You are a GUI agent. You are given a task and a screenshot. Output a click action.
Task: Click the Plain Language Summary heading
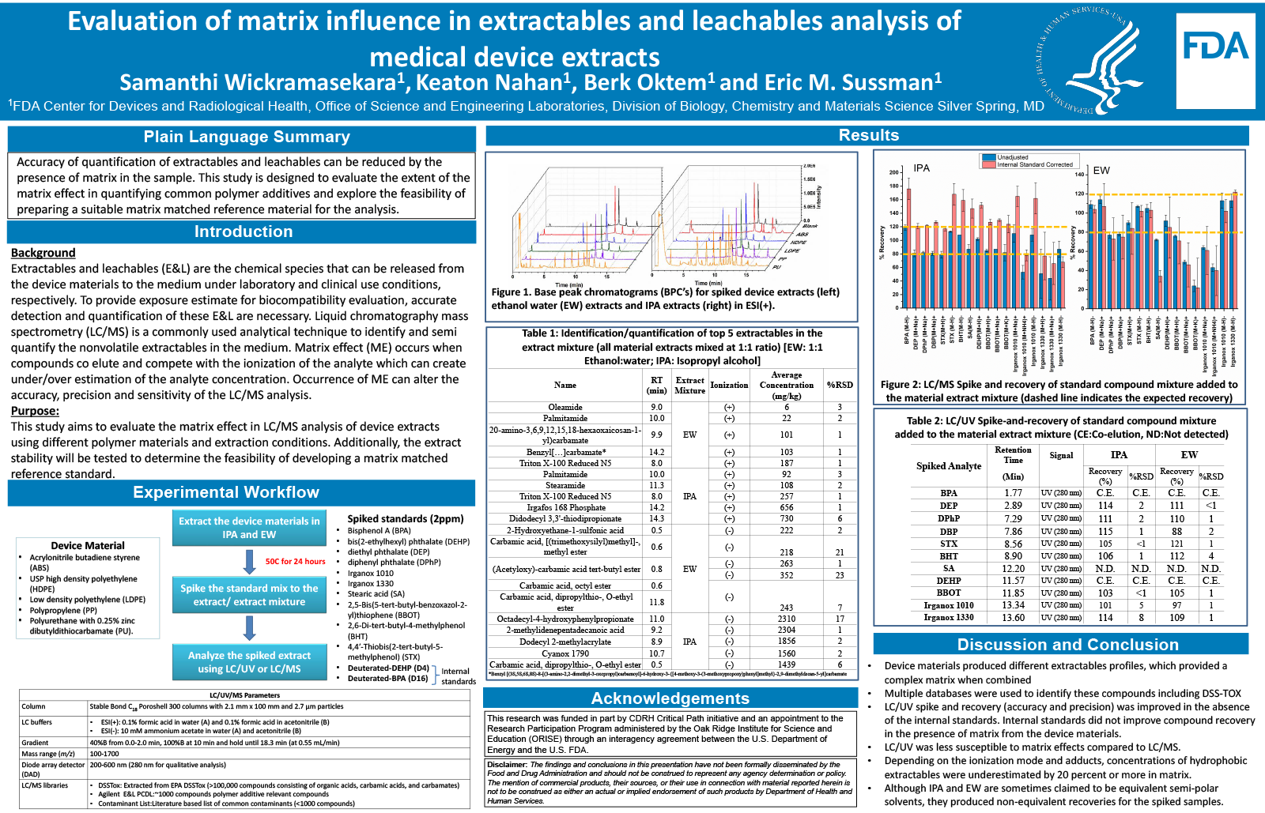[x=247, y=137]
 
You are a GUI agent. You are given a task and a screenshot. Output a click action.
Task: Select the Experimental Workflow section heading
[x=226, y=492]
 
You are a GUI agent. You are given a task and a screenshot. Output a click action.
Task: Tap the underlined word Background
[x=43, y=253]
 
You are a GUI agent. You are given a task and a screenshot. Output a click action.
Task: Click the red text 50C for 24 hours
[x=295, y=562]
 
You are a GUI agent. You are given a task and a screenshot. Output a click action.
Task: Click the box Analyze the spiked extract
[x=249, y=662]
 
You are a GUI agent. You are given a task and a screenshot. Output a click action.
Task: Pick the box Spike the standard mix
[x=249, y=595]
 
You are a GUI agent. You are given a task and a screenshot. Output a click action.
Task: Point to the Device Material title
[x=88, y=545]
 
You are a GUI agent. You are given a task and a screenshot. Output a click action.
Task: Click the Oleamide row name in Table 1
[x=565, y=407]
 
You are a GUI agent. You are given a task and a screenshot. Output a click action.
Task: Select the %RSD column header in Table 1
[x=840, y=385]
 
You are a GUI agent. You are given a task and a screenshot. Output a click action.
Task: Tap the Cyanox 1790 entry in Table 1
[x=565, y=653]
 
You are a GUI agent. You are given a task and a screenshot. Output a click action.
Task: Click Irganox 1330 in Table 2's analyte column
[x=949, y=618]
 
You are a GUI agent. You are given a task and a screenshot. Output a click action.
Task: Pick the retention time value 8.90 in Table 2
[x=1013, y=556]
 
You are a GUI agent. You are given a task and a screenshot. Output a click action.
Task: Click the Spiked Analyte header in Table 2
[x=949, y=466]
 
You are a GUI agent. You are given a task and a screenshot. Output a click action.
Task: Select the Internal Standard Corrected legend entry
[x=1034, y=164]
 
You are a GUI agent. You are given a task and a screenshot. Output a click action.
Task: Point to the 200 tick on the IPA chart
[x=894, y=172]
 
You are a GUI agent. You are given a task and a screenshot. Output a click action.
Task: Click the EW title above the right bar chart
[x=1101, y=170]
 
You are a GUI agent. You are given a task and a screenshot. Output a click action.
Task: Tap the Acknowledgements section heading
[x=670, y=698]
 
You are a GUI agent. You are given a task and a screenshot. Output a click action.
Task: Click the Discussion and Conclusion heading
[x=1067, y=645]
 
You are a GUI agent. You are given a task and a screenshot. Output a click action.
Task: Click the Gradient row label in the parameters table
[x=36, y=743]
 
